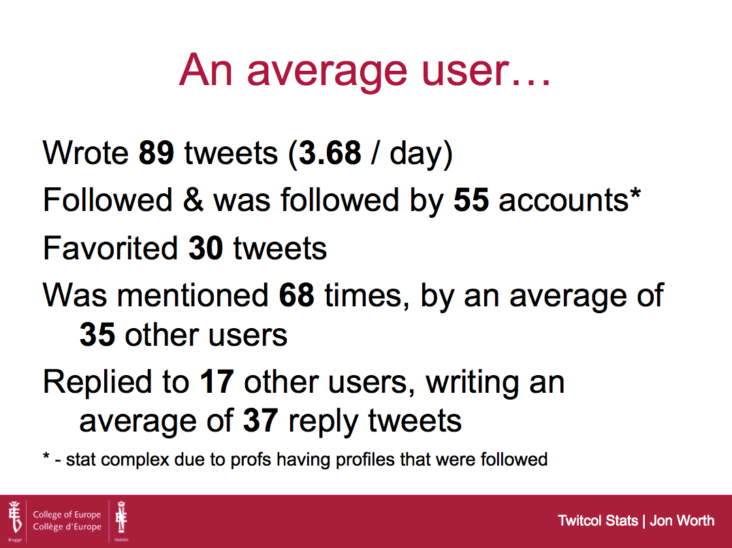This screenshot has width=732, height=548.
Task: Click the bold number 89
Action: [x=157, y=152]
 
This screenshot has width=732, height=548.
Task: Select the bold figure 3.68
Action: [x=330, y=152]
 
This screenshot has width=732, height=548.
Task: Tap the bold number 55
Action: [x=471, y=200]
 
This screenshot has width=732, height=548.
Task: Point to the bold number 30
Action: [x=206, y=248]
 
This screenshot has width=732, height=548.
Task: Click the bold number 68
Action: [x=296, y=295]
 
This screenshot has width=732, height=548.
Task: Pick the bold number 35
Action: [x=97, y=335]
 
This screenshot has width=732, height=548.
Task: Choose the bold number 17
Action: [x=217, y=382]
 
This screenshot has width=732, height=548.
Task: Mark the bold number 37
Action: [x=261, y=421]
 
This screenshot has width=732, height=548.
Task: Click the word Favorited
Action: [x=110, y=248]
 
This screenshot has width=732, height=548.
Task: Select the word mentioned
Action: [x=192, y=295]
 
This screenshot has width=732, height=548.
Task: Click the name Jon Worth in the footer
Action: [x=682, y=521]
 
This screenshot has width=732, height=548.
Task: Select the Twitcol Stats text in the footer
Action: [x=598, y=521]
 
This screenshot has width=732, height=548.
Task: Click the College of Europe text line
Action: [x=67, y=515]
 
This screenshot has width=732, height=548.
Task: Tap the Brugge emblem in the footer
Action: [x=15, y=517]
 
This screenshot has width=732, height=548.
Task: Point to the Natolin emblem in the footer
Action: [x=121, y=517]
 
